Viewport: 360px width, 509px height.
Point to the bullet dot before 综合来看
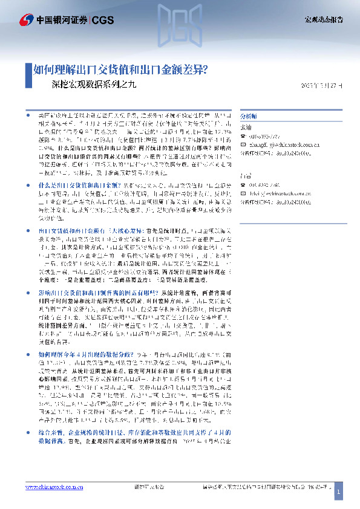(x=31, y=433)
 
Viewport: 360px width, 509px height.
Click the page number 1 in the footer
(x=339, y=493)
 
